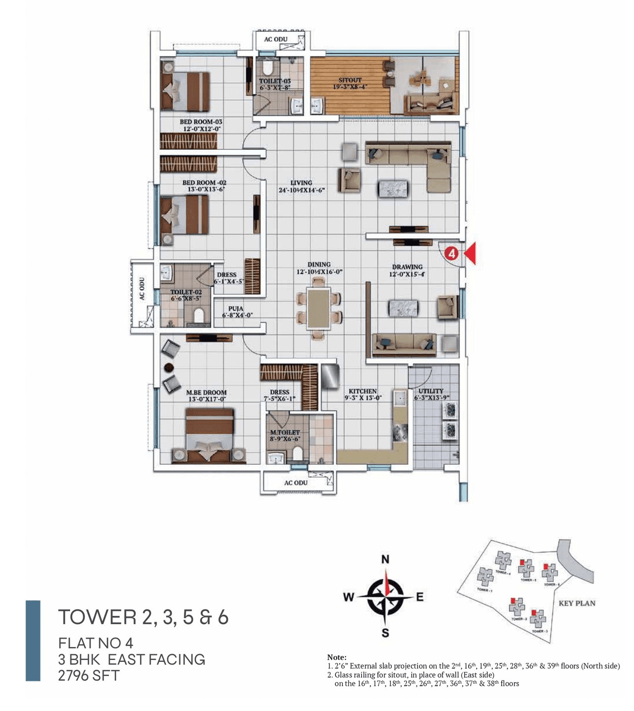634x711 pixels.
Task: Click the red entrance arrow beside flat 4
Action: [470, 253]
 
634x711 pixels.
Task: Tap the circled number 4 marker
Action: [451, 253]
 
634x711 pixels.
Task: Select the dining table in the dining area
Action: [318, 308]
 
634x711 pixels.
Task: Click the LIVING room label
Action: [301, 183]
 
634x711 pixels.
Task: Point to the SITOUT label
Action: [350, 80]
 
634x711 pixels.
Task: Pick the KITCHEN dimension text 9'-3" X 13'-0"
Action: [363, 398]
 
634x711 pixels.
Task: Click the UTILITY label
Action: [431, 391]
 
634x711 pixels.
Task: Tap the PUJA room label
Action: [236, 308]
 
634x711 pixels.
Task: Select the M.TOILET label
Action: [285, 432]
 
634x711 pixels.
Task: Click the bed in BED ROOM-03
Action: [186, 91]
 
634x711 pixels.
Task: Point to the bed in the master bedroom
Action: [209, 435]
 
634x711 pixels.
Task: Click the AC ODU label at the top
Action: [275, 39]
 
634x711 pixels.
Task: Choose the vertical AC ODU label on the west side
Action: [142, 289]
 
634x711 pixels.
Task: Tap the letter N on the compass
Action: [385, 560]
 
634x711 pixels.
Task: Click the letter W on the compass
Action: [349, 597]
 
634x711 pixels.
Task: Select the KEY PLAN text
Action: [577, 603]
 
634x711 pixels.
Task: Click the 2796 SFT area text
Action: [89, 675]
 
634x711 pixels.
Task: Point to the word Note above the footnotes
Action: [337, 657]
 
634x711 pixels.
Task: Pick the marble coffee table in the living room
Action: [393, 189]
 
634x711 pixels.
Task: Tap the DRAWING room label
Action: [407, 267]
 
